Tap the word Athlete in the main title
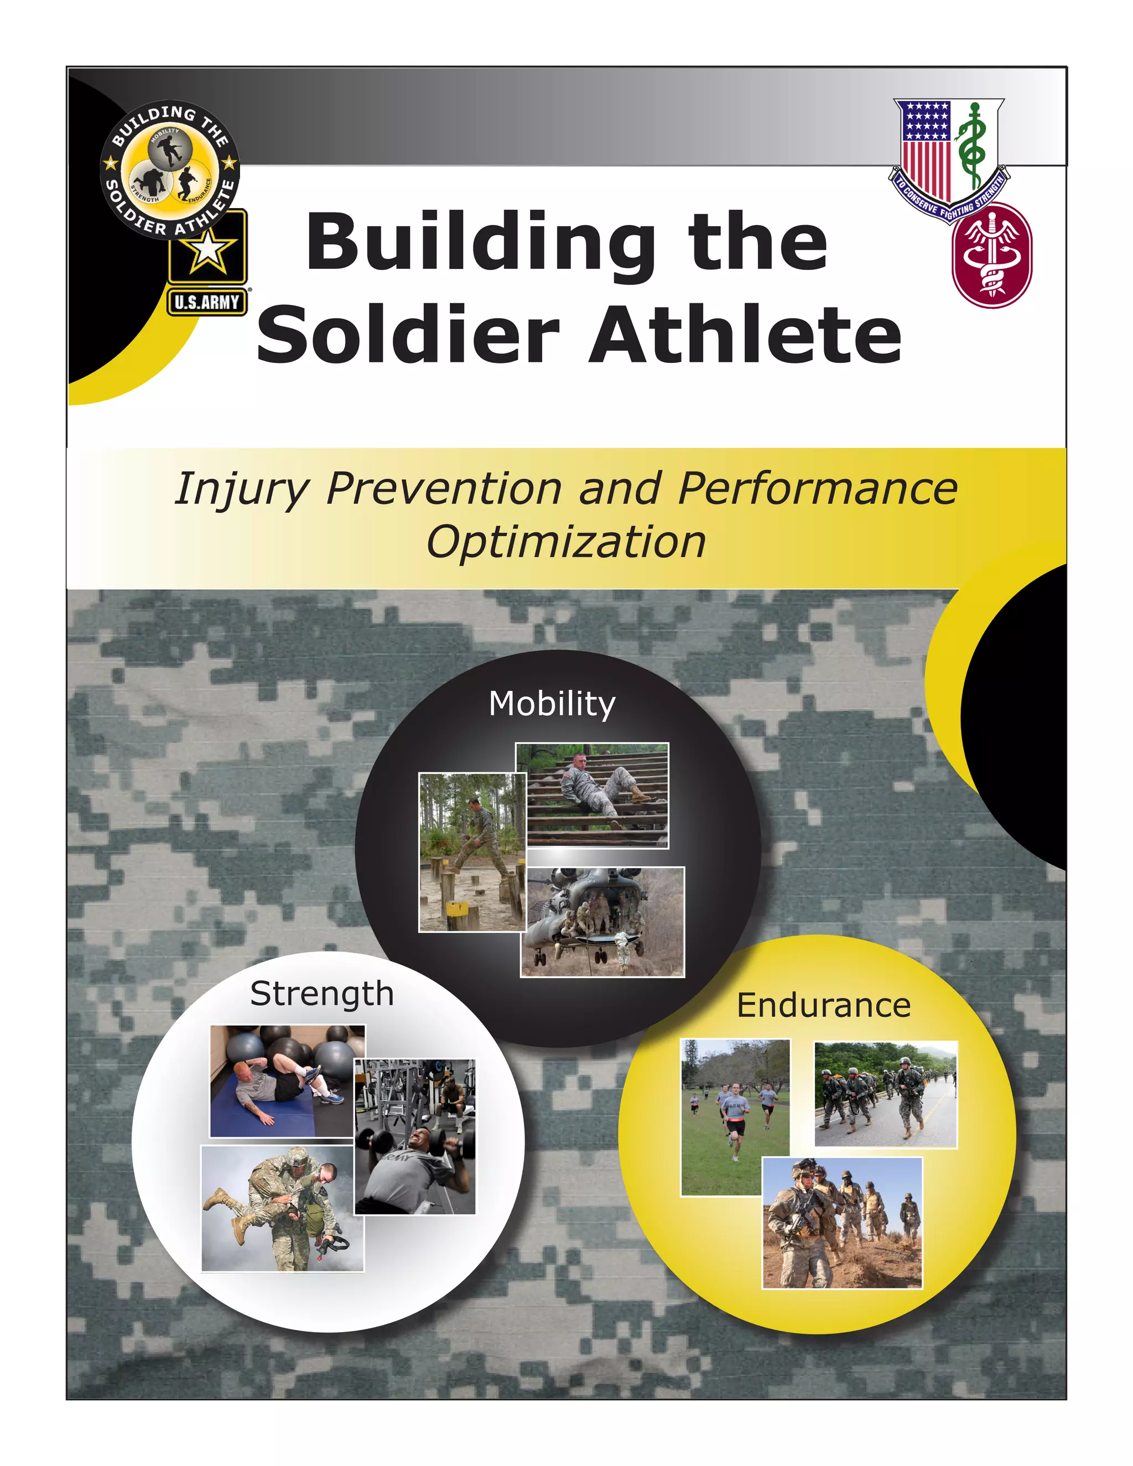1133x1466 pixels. coord(745,334)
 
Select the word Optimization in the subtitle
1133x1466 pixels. coord(566,542)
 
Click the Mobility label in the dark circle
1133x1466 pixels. coord(552,704)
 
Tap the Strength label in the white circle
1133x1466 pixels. coord(321,994)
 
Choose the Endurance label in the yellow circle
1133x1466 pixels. coord(824,1006)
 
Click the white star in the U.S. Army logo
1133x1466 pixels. coord(207,249)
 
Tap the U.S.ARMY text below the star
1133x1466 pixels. coord(207,303)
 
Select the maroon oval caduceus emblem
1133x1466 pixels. coord(991,256)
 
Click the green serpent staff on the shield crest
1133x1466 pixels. coord(972,144)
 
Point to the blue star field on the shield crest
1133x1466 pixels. coord(926,121)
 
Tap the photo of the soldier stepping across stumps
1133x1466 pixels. coord(471,852)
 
